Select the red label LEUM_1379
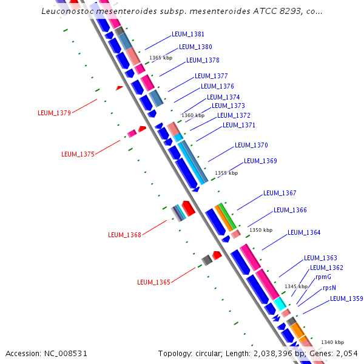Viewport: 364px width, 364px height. (54, 113)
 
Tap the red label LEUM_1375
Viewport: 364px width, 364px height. (78, 154)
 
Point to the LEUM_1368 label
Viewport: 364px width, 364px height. (124, 235)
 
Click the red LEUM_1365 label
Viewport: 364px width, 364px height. (153, 282)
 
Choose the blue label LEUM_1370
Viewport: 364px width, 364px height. (251, 145)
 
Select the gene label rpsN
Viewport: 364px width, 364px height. (329, 288)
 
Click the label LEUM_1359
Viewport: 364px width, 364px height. (346, 298)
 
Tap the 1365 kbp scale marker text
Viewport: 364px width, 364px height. (161, 58)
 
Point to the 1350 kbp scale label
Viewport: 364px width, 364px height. (261, 231)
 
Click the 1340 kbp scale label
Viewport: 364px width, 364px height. (332, 342)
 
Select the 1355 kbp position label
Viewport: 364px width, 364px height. (226, 173)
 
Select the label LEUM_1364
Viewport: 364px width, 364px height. (304, 232)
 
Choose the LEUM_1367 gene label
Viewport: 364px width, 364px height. (280, 193)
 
